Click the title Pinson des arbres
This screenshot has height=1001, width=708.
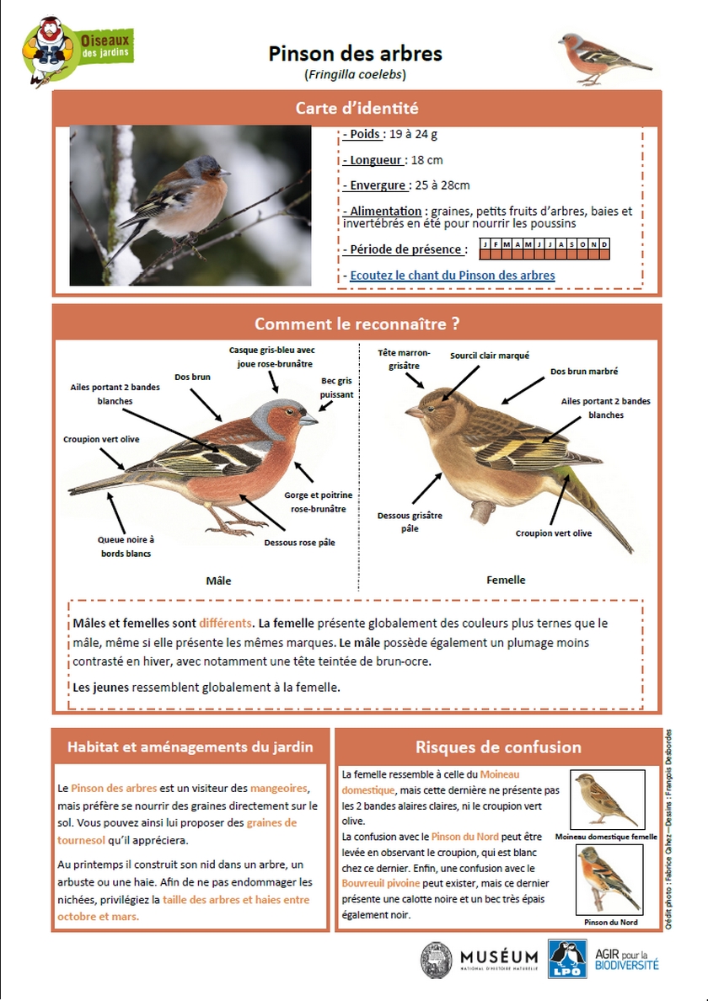click(x=355, y=54)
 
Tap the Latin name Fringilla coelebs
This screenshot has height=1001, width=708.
click(x=355, y=74)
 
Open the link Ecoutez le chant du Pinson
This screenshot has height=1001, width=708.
click(x=453, y=276)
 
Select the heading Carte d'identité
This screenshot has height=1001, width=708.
click(x=357, y=108)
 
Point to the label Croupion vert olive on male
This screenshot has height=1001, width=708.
click(x=101, y=439)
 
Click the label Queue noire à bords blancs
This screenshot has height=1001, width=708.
click(x=126, y=546)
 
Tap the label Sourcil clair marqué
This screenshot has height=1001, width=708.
click(x=490, y=356)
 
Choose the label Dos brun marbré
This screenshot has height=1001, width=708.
click(x=584, y=371)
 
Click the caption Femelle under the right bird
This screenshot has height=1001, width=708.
click(x=506, y=580)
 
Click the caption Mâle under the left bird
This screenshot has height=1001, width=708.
click(x=218, y=581)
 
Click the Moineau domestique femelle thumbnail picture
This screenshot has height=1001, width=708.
click(x=607, y=800)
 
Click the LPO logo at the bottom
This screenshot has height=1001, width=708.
click(x=567, y=960)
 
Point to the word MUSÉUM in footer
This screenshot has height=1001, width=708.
click(x=499, y=957)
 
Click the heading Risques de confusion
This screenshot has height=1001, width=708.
click(x=498, y=747)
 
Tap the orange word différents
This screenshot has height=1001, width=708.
click(x=225, y=624)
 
